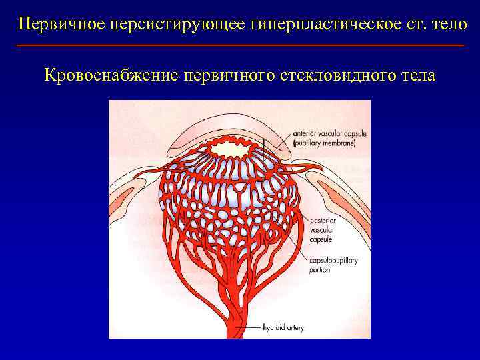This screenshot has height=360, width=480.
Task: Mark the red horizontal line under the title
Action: click(x=240, y=45)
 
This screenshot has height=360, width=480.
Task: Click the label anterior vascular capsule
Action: click(x=329, y=134)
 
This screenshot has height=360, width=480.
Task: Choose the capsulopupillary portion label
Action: click(x=333, y=265)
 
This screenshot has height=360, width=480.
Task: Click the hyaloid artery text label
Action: click(x=282, y=327)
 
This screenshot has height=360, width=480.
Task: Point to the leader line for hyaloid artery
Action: click(x=251, y=327)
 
